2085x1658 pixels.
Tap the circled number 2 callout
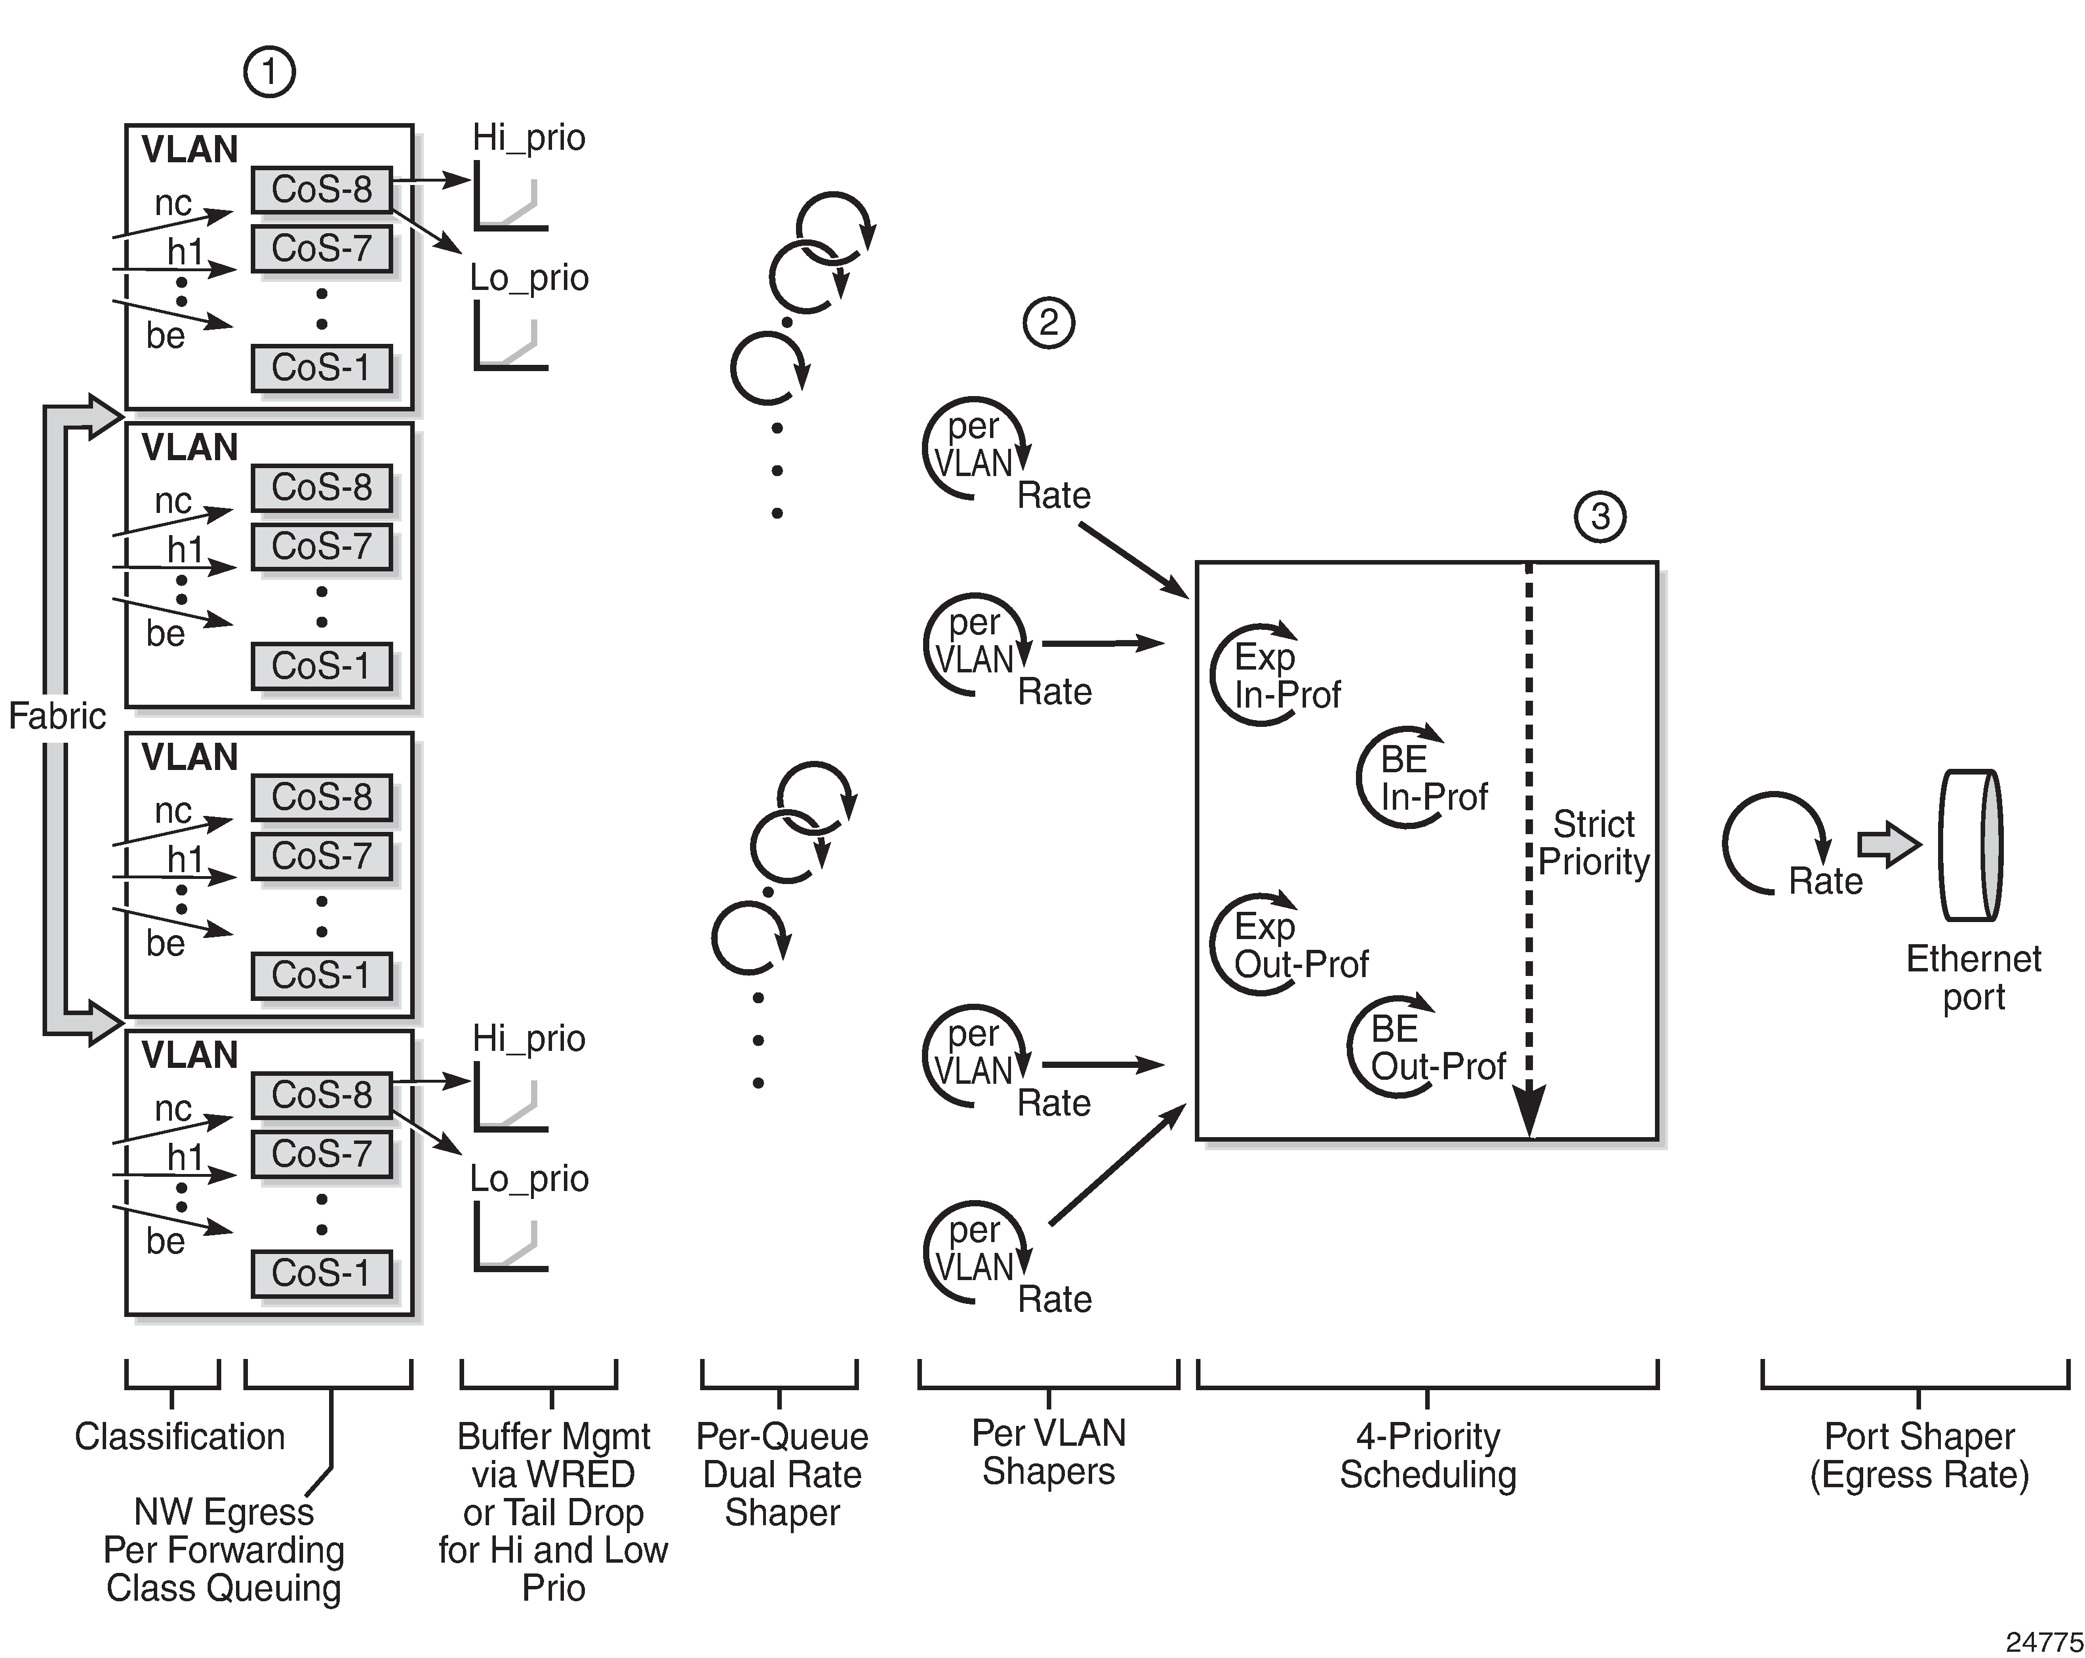click(x=1049, y=322)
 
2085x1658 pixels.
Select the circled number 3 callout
click(x=1600, y=516)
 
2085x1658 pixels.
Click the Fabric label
click(x=57, y=716)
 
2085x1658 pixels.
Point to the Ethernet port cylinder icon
click(x=1969, y=844)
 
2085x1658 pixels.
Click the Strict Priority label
click(x=1594, y=843)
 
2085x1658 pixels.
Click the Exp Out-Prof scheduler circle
click(x=1213, y=943)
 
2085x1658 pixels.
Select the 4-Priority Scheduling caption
click(x=1427, y=1456)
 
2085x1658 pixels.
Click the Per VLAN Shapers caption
click(x=1048, y=1452)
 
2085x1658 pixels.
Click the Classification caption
click(x=180, y=1437)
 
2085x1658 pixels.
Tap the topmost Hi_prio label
click(x=528, y=137)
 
